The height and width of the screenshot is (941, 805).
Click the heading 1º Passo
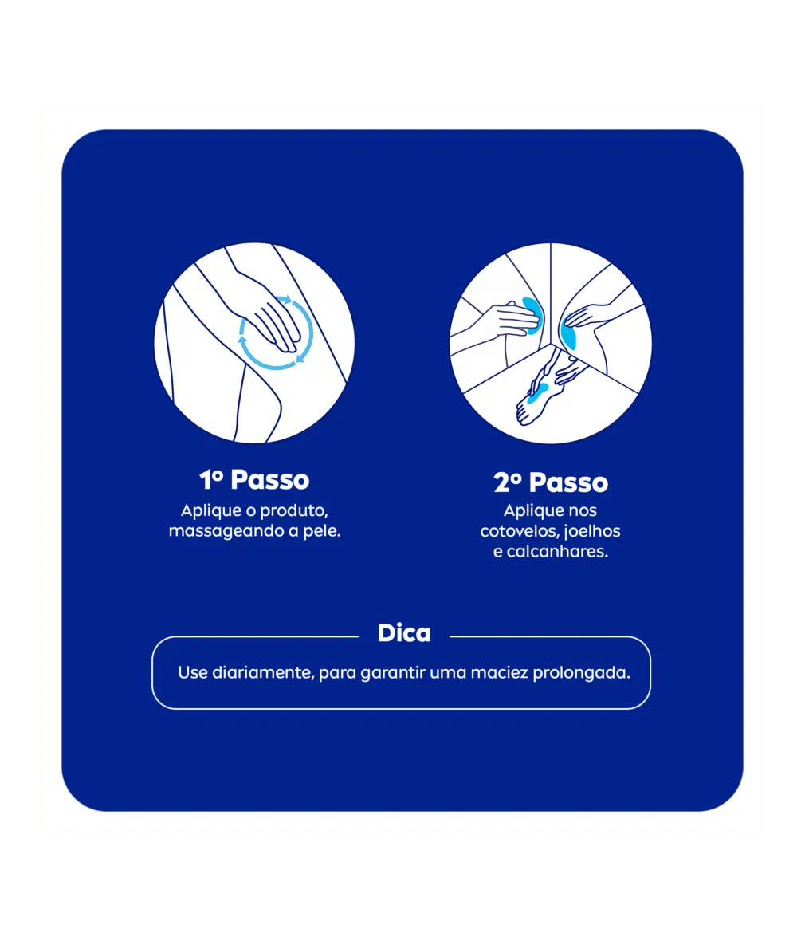click(254, 479)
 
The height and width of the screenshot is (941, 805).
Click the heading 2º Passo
click(551, 482)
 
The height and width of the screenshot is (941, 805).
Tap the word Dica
click(404, 633)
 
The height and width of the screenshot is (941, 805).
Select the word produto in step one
click(294, 511)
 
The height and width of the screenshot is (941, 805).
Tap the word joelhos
click(593, 532)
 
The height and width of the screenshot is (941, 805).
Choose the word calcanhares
click(557, 552)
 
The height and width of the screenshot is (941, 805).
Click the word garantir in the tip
click(393, 673)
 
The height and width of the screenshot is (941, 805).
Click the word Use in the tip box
click(193, 673)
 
